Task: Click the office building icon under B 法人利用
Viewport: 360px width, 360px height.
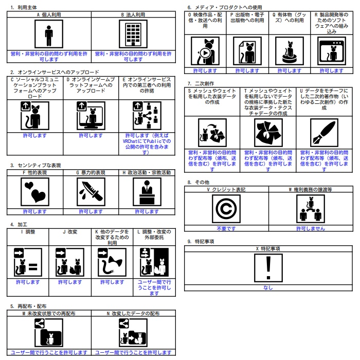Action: coord(133,34)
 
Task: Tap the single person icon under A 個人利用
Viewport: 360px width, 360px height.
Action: coord(49,34)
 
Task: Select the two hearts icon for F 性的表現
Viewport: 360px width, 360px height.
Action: coord(35,192)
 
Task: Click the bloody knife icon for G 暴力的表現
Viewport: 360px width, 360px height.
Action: coord(91,192)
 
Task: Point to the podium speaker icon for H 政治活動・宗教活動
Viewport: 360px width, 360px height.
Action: coord(147,192)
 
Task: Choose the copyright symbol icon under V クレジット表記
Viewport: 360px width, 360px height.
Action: coord(226,209)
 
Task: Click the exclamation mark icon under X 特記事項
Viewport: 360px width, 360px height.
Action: coord(268,268)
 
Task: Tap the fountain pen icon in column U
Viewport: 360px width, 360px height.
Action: coord(324,133)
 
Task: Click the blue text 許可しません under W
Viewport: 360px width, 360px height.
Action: coord(311,228)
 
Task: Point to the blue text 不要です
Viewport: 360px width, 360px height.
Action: coord(226,228)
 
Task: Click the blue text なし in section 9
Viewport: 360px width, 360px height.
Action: coord(268,287)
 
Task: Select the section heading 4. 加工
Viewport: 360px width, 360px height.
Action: coord(19,225)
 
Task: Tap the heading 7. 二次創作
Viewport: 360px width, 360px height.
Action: coord(201,83)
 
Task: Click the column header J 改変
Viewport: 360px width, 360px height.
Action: coord(70,232)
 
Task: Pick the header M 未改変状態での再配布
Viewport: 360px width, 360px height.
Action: coord(49,313)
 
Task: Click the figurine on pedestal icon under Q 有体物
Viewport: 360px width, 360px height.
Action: coord(289,51)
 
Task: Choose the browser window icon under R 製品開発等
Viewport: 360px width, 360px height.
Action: coord(332,51)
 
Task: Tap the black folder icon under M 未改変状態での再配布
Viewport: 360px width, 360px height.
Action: coord(51,337)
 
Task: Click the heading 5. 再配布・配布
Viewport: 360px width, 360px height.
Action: coord(28,307)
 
